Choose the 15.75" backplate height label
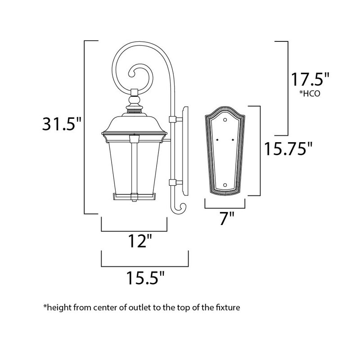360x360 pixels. pyautogui.click(x=288, y=148)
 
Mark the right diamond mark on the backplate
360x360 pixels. pyautogui.click(x=233, y=141)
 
